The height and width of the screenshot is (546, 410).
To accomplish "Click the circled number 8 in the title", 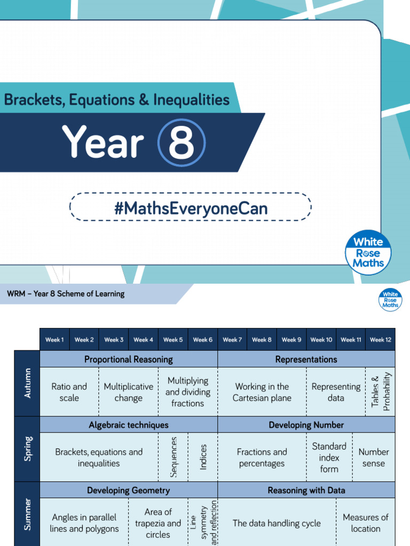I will tap(182, 143).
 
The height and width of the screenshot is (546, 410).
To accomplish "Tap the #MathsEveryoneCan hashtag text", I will tap(191, 207).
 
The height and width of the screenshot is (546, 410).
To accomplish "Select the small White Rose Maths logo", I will tap(390, 299).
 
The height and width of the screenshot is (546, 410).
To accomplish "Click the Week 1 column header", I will tap(54, 340).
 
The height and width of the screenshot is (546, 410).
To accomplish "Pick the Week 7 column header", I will tap(232, 340).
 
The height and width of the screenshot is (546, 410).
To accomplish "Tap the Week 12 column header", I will tap(380, 340).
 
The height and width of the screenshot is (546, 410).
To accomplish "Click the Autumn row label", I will tap(27, 383).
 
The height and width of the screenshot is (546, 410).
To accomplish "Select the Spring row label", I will tap(27, 449).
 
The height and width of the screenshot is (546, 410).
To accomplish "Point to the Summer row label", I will tap(27, 515).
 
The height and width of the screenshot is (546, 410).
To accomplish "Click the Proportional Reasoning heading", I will tap(129, 359).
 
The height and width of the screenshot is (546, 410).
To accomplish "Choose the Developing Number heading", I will tap(306, 425).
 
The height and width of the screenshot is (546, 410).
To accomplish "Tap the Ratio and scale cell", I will tap(69, 392).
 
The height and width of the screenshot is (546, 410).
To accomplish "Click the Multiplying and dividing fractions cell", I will tap(188, 392).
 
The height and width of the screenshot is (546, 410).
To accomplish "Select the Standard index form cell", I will tap(329, 457).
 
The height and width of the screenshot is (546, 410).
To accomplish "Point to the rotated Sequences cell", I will tap(173, 457).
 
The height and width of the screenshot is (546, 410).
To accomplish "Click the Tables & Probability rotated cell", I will tap(381, 392).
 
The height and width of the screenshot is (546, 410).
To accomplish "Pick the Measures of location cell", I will tap(366, 523).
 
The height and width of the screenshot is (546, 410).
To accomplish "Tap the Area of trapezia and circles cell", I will tap(158, 523).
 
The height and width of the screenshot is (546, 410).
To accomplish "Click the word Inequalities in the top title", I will tap(191, 100).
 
